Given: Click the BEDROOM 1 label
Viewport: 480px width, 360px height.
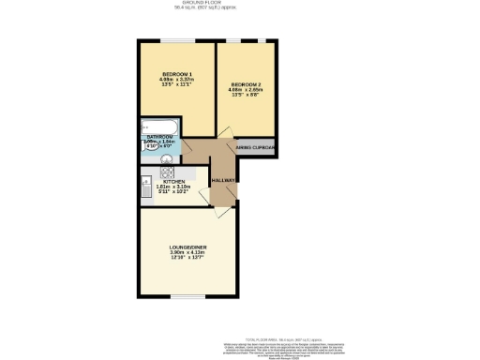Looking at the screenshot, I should tap(176, 74).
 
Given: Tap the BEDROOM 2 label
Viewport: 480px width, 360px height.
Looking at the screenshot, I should tap(247, 83).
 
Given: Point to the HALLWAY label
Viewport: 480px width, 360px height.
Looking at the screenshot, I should tap(223, 180).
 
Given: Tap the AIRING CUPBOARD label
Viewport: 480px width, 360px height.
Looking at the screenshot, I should tap(255, 148).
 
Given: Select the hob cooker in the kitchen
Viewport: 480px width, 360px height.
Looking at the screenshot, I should tap(166, 172).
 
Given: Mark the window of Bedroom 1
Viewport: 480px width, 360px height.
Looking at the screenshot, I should tap(176, 41).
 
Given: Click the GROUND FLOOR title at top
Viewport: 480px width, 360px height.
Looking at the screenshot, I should tap(239, 3).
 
